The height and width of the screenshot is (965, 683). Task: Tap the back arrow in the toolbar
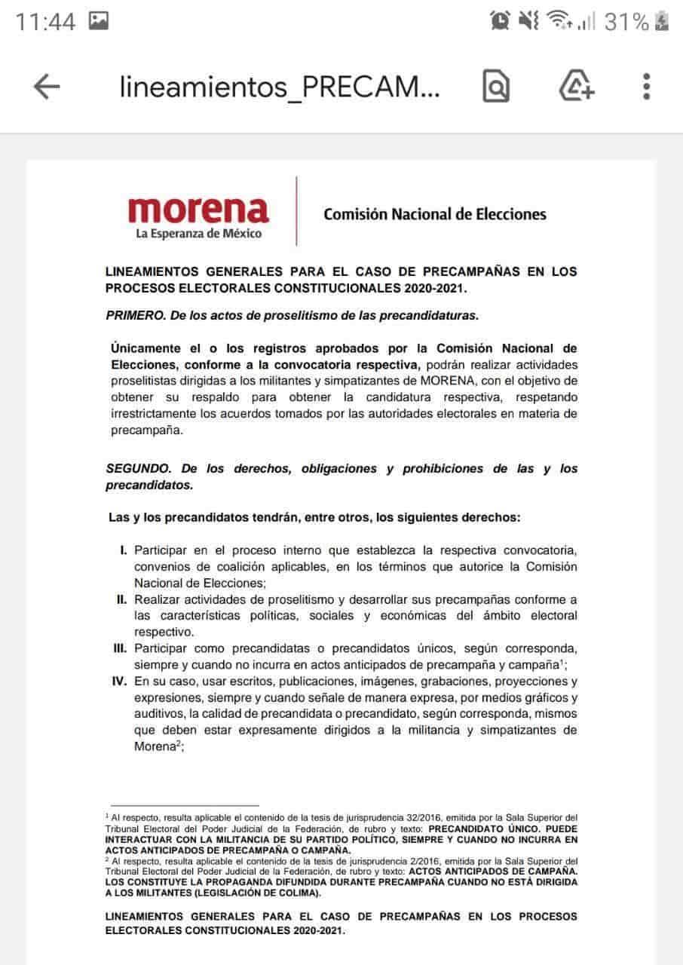click(x=47, y=87)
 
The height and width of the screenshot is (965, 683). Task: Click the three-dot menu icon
click(x=646, y=87)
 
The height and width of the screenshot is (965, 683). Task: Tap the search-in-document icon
click(x=496, y=87)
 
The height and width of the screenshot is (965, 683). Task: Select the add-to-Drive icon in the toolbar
click(x=577, y=87)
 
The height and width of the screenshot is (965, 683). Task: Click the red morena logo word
click(x=198, y=209)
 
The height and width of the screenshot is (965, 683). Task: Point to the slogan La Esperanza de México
click(x=198, y=234)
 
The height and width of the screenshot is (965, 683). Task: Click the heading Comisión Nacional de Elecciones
click(x=435, y=214)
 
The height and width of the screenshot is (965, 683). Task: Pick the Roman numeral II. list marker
click(x=121, y=599)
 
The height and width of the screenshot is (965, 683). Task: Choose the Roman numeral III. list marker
click(x=119, y=648)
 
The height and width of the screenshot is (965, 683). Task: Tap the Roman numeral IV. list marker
click(x=119, y=681)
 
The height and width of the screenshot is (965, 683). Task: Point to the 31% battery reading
click(x=626, y=22)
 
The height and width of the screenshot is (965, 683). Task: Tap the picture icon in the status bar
click(x=98, y=21)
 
